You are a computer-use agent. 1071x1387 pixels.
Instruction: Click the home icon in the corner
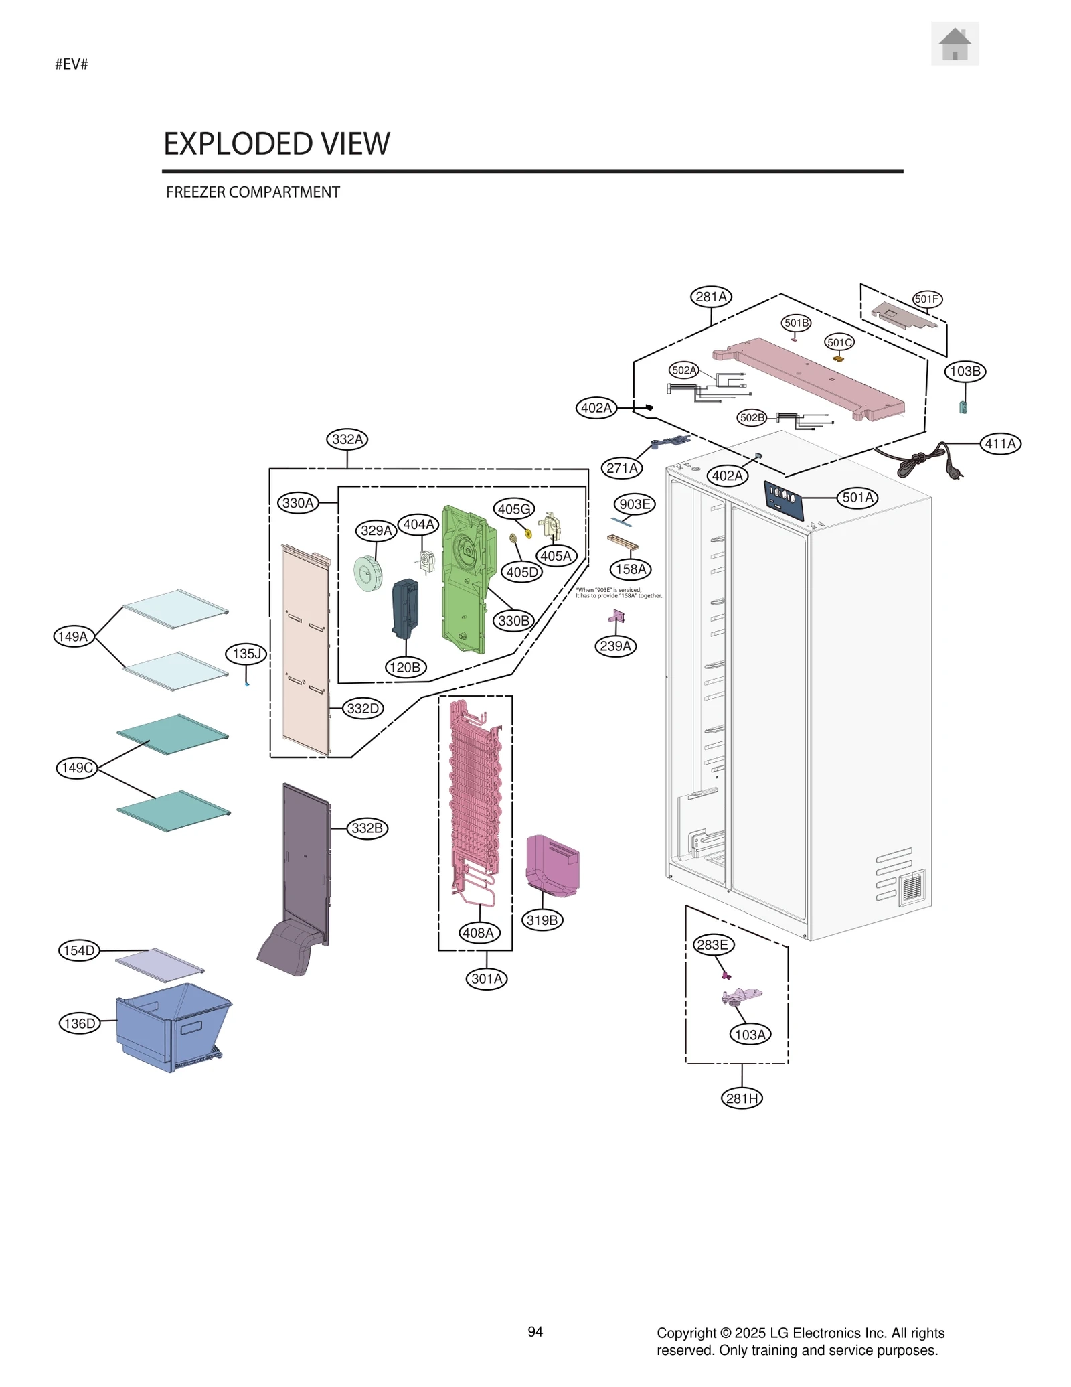[954, 44]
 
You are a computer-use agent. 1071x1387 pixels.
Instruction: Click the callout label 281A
[711, 297]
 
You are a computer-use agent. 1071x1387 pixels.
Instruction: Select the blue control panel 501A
[783, 500]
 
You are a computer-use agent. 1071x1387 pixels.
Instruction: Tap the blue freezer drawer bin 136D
[172, 1025]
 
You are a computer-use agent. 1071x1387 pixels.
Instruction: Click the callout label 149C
[77, 768]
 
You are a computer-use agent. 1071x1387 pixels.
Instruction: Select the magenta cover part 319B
[552, 865]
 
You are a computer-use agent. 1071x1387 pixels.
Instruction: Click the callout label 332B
[367, 828]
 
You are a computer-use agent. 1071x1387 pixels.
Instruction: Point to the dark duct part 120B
[404, 608]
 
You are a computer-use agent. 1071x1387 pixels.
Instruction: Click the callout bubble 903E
[634, 504]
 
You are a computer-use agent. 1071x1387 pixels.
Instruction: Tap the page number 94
[535, 1332]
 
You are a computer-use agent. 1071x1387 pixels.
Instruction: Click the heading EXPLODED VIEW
[276, 143]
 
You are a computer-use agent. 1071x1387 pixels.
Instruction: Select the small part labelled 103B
[963, 407]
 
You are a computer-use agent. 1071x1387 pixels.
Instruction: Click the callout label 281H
[742, 1098]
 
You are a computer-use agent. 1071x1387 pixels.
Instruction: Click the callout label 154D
[79, 950]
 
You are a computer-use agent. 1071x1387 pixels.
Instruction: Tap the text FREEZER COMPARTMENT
[252, 192]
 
